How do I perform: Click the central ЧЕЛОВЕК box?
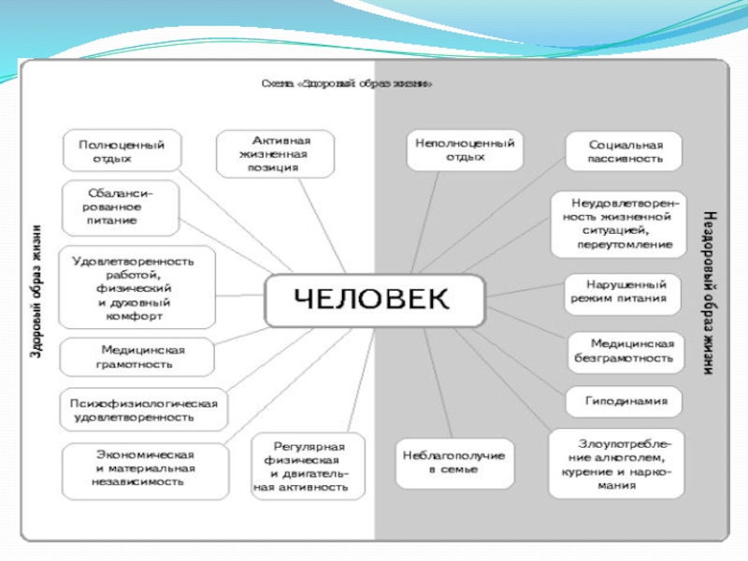tap(374, 300)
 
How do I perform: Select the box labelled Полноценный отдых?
tap(122, 151)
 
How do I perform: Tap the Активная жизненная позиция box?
tap(275, 153)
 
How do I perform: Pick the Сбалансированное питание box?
tap(121, 207)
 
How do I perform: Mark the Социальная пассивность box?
tap(625, 151)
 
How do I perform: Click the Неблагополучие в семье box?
tap(454, 462)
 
